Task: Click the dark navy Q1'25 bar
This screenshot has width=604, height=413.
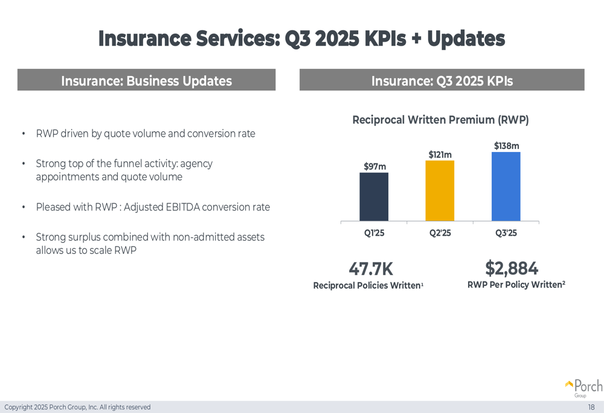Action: (x=374, y=197)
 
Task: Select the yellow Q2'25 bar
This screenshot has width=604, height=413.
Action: (x=440, y=191)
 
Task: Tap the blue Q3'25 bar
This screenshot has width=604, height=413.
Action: (x=506, y=186)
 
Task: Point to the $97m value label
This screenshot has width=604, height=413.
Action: (x=374, y=166)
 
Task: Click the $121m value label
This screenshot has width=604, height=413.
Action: (x=440, y=155)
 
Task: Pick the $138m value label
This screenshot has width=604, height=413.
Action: (x=506, y=146)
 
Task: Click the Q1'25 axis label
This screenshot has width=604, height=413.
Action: (x=374, y=233)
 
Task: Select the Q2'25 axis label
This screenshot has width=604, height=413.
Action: (x=440, y=233)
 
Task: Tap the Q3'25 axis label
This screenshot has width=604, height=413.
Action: (x=506, y=233)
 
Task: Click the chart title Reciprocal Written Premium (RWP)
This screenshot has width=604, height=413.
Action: (x=440, y=120)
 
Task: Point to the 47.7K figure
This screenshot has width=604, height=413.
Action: (x=371, y=269)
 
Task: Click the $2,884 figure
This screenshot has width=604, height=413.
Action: (x=512, y=268)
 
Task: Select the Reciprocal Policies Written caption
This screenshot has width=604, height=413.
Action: (x=367, y=285)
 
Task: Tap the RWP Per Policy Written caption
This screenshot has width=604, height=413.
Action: (x=515, y=285)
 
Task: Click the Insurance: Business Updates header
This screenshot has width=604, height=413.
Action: (x=146, y=81)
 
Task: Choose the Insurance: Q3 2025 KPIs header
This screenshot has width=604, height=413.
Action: (x=442, y=81)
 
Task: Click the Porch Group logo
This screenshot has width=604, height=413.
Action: (x=583, y=388)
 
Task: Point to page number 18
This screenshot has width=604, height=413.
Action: (x=591, y=407)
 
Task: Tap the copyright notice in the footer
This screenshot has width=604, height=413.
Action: (x=77, y=407)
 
